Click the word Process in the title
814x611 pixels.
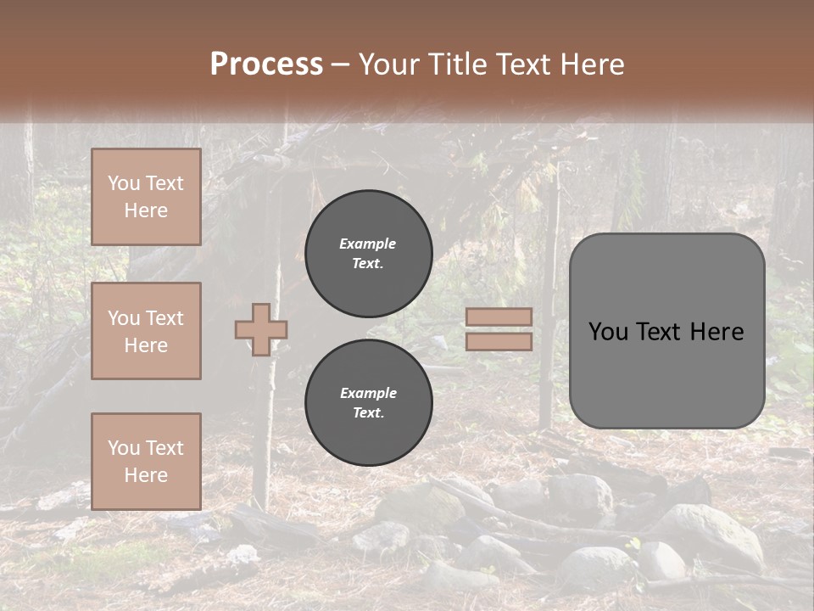click(x=266, y=64)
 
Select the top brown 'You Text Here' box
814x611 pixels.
click(x=146, y=197)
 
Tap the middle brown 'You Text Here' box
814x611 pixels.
click(x=146, y=331)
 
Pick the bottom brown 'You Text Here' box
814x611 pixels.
click(x=146, y=462)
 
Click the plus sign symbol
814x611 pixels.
click(x=261, y=329)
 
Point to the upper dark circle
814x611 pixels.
click(x=369, y=254)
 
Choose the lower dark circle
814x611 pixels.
click(x=369, y=403)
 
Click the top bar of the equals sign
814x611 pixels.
click(x=499, y=317)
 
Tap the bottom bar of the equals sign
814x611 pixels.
click(x=499, y=341)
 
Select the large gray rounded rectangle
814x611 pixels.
click(x=666, y=331)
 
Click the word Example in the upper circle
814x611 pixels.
click(x=367, y=244)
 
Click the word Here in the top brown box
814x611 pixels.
click(x=146, y=210)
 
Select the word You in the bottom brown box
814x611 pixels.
click(x=124, y=448)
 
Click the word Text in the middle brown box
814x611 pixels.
click(x=164, y=318)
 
